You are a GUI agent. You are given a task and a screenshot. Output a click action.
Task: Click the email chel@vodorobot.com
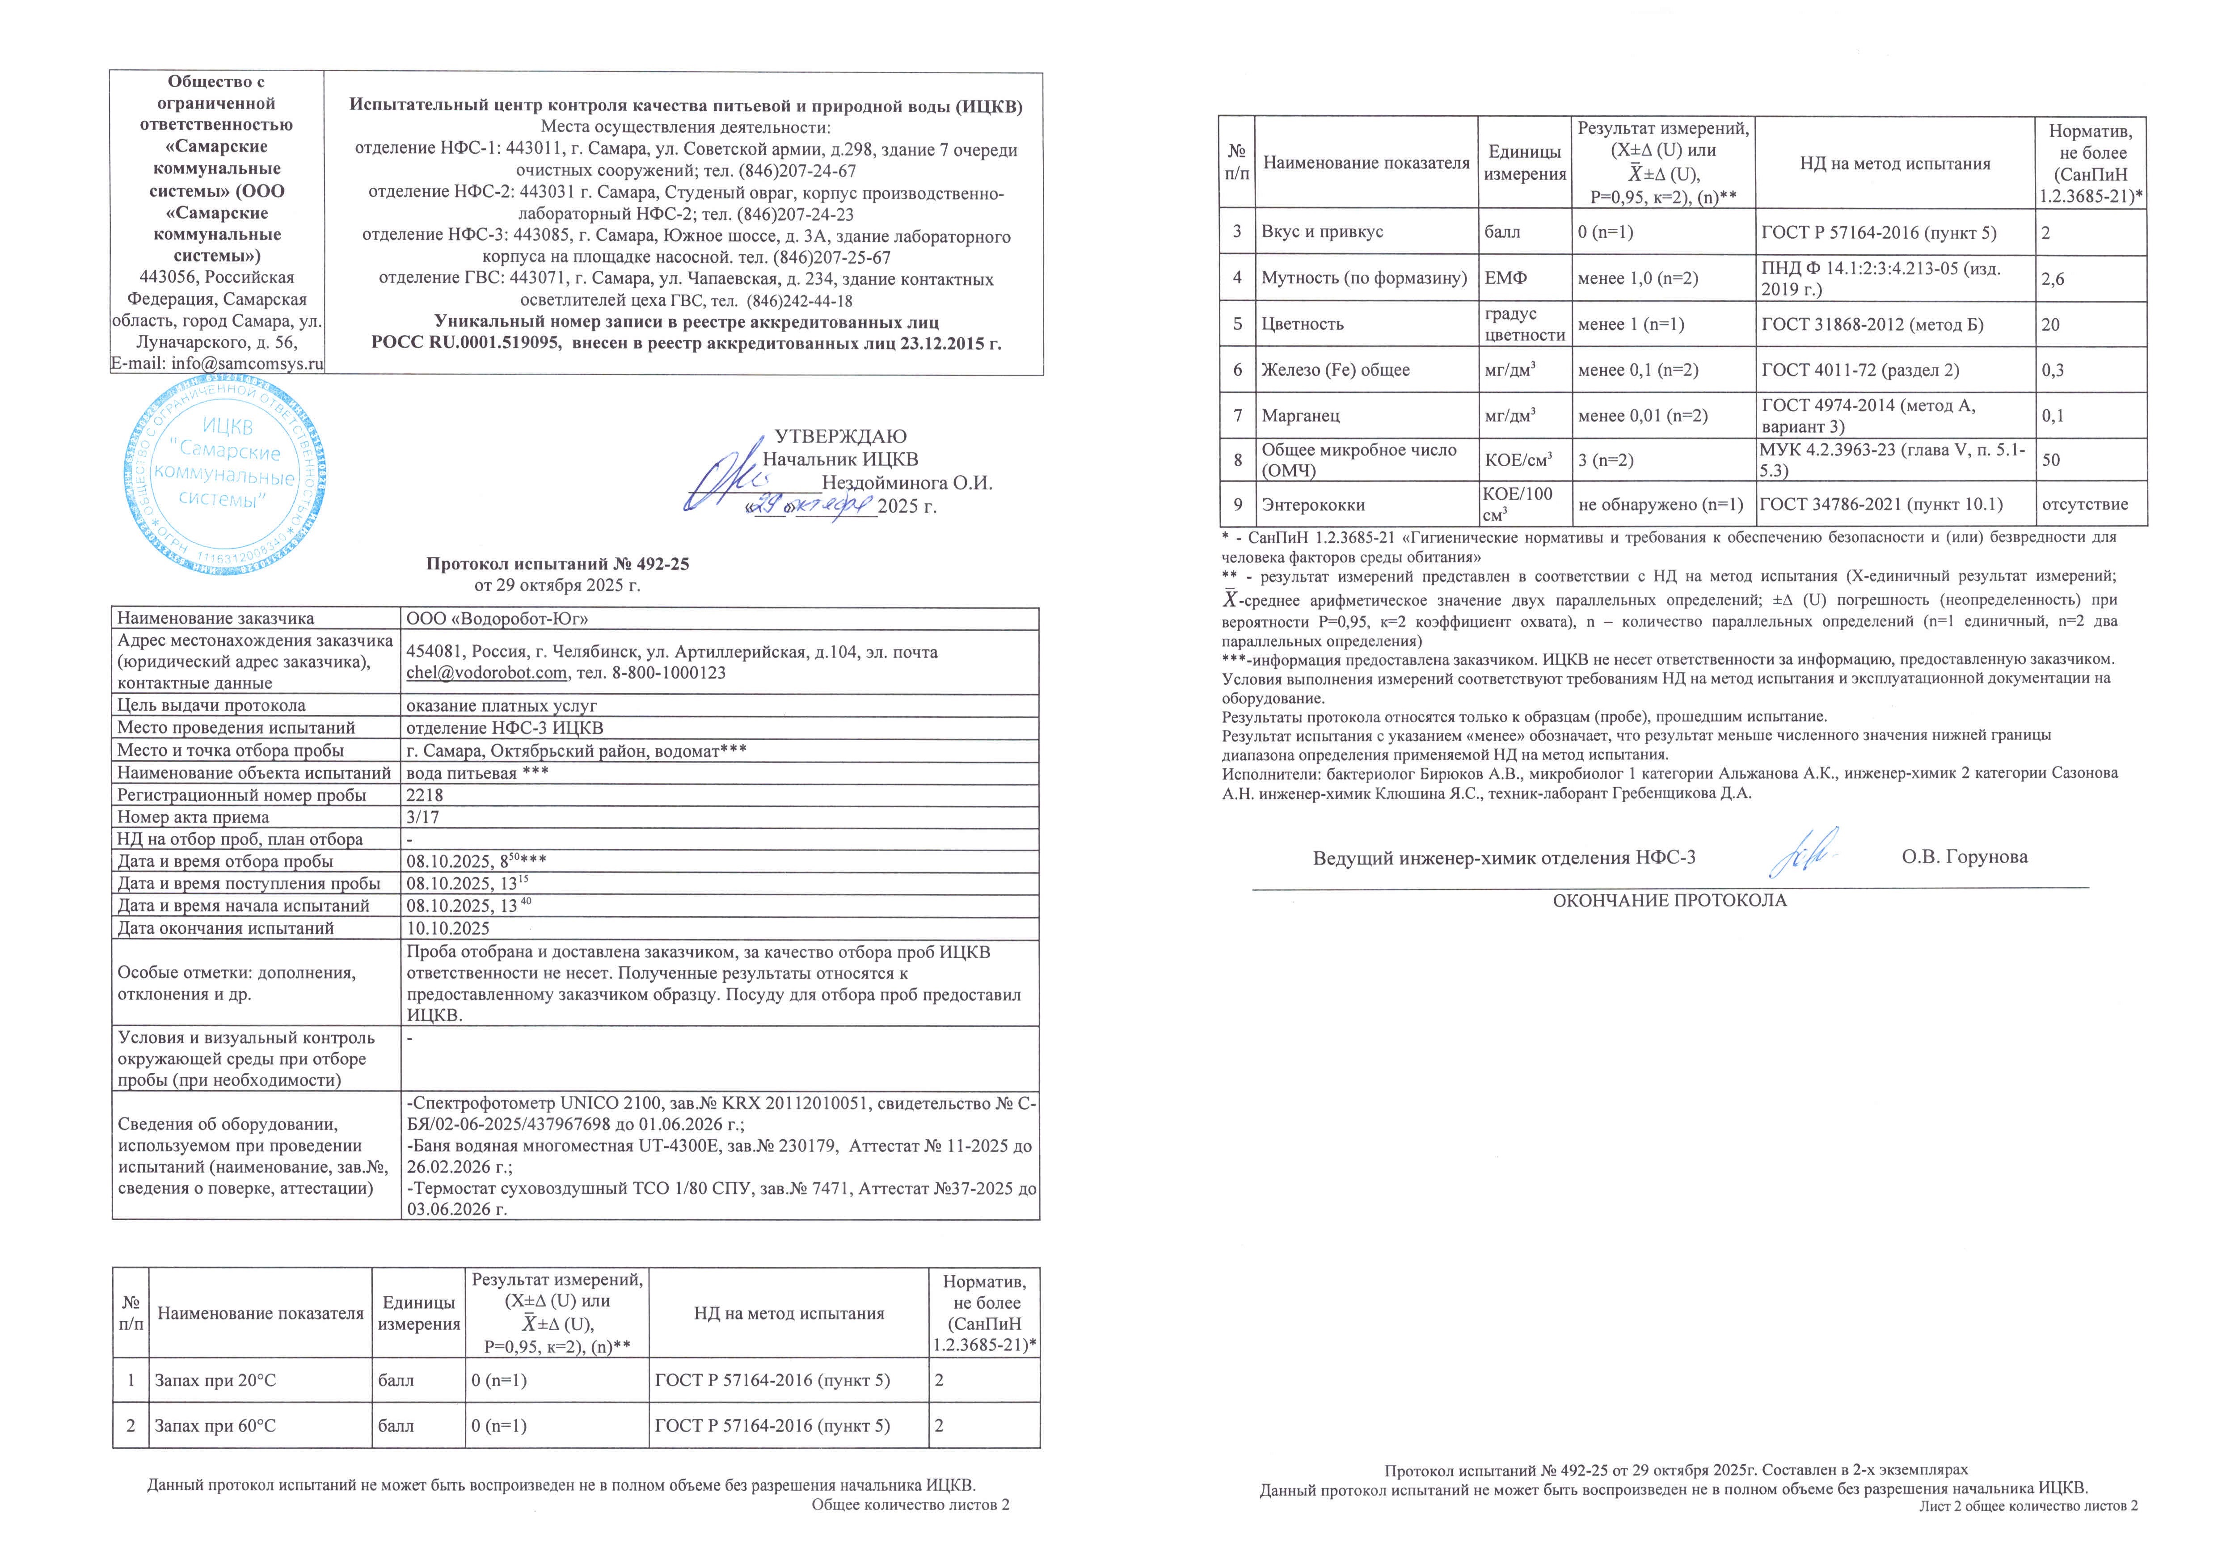point(486,672)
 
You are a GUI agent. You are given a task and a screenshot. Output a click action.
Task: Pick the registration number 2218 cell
point(425,795)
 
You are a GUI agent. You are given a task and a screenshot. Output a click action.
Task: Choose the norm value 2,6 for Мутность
point(2053,278)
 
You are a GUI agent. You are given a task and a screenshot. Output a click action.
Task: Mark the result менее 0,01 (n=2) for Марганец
point(1642,415)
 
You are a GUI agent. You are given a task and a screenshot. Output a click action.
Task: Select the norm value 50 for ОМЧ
point(2050,460)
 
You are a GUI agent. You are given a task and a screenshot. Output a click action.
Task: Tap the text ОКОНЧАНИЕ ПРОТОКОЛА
point(1669,900)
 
